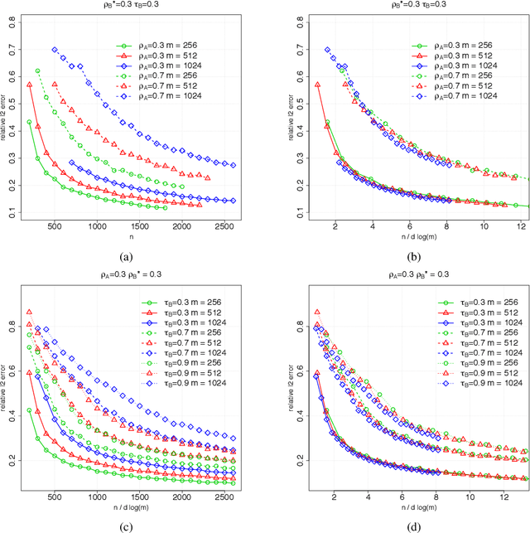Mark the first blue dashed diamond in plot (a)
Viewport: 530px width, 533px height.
tap(55, 50)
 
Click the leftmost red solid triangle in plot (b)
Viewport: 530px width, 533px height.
tap(318, 85)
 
